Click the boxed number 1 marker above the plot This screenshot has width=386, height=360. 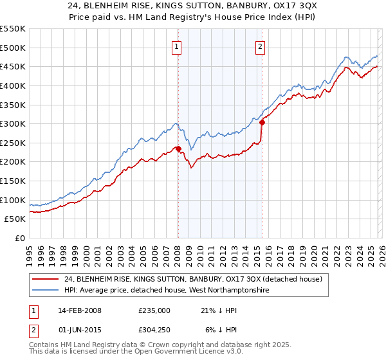click(176, 46)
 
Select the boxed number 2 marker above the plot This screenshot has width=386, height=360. click(261, 46)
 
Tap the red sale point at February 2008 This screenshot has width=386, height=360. click(178, 148)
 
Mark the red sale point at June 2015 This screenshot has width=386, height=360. click(262, 122)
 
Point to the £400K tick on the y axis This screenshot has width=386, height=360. click(13, 85)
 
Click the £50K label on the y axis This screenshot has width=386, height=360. click(15, 219)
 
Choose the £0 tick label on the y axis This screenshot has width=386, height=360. click(20, 239)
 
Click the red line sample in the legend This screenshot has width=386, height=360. click(46, 279)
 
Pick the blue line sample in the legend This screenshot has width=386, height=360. click(46, 291)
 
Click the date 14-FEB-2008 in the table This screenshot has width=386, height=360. click(79, 310)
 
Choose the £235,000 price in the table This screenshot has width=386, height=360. click(154, 310)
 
